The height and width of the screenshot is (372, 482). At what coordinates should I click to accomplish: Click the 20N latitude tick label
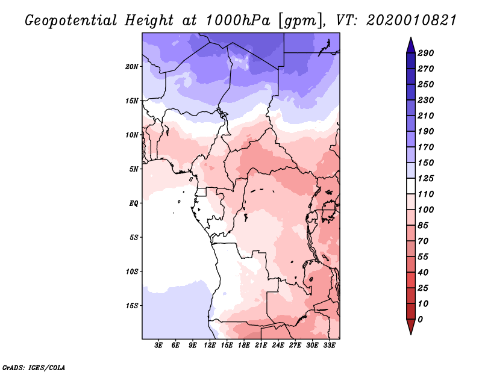(132, 66)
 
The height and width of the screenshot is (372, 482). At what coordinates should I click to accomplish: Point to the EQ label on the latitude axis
(134, 203)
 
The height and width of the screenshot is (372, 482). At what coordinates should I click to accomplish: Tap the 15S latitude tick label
(132, 305)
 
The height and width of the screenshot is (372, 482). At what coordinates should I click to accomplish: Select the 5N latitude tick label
(134, 169)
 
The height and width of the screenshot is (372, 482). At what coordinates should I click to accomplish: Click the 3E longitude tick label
(159, 346)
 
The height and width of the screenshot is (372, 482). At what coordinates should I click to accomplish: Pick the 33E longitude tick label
(329, 346)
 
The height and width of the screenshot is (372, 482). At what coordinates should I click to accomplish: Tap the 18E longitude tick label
(244, 346)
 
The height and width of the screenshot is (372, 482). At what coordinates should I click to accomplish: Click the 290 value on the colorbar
(426, 53)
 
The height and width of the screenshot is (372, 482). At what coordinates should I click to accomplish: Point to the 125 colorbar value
(426, 178)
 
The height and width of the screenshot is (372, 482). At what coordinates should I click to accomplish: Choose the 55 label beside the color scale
(424, 256)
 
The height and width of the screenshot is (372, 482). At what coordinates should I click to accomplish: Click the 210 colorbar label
(426, 116)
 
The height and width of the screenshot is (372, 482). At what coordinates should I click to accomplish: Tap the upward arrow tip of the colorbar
(410, 39)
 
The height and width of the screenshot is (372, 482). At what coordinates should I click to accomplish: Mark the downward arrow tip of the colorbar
(410, 332)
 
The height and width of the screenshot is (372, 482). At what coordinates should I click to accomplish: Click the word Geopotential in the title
(70, 20)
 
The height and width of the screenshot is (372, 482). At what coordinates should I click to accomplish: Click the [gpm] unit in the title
(294, 20)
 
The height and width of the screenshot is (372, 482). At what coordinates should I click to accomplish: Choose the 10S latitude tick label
(132, 271)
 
